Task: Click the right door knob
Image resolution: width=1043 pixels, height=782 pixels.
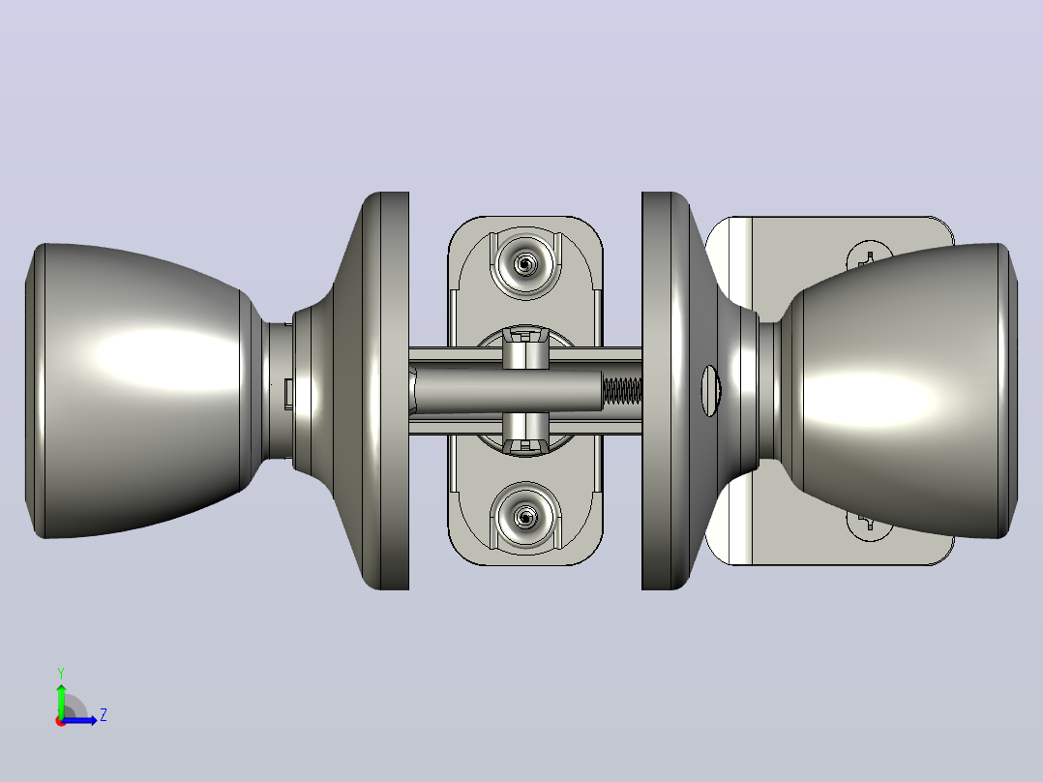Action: point(898,391)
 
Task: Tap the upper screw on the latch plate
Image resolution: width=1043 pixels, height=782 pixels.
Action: point(525,265)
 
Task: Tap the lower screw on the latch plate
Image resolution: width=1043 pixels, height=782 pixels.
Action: point(525,517)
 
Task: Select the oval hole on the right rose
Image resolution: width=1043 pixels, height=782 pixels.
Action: point(710,391)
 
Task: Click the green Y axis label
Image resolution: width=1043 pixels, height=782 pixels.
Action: point(61,673)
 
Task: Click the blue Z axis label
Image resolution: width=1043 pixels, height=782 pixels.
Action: point(104,715)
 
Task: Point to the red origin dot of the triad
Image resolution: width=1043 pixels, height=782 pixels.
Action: point(61,721)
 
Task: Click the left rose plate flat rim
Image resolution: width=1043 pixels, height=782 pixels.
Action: point(395,391)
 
